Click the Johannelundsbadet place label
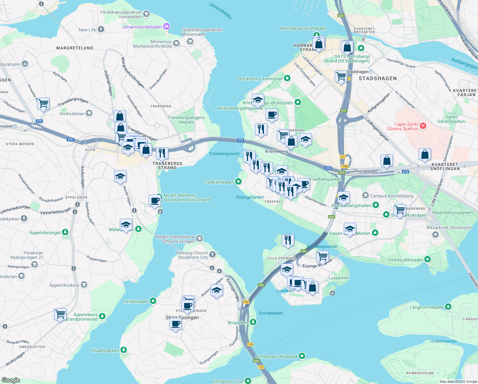coord(142,27)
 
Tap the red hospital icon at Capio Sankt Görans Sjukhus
coord(423,126)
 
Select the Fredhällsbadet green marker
coord(238,182)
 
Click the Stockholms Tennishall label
coord(260,79)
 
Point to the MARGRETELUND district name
coord(75,48)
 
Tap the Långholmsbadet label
coord(427,307)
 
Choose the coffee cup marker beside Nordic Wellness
coord(155,201)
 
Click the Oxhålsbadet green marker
coord(153,301)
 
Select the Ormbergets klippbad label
coord(276,356)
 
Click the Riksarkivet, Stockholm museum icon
coord(435,235)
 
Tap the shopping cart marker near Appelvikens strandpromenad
coord(60,314)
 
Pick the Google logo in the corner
coord(11,380)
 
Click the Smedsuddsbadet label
coord(405,260)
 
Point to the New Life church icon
coord(101,30)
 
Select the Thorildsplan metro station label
coord(366,171)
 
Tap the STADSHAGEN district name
coord(378,78)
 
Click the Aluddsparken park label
coord(105,350)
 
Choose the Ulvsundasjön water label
coord(220,11)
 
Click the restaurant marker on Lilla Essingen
coord(288,240)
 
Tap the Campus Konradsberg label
coord(391,196)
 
